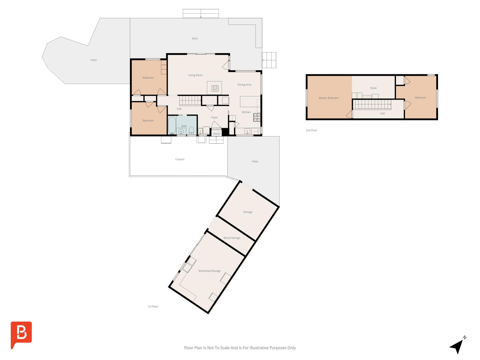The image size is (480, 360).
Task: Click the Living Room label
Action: pyautogui.click(x=195, y=75)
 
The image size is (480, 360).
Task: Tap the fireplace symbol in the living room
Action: pyautogui.click(x=215, y=88)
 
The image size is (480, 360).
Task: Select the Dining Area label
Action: pyautogui.click(x=244, y=85)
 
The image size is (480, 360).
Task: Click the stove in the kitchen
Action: pyautogui.click(x=257, y=117)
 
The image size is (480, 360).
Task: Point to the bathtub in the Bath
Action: pyautogui.click(x=172, y=125)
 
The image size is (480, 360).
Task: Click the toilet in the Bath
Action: pyautogui.click(x=191, y=130)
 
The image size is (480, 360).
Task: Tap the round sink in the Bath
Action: pyautogui.click(x=181, y=131)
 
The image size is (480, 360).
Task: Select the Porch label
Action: pyautogui.click(x=216, y=134)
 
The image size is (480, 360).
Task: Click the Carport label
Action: pyautogui.click(x=180, y=159)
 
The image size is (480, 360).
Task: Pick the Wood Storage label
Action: pyautogui.click(x=232, y=238)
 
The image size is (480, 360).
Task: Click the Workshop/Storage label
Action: pyautogui.click(x=209, y=271)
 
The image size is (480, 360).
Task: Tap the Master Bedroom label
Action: pyautogui.click(x=328, y=98)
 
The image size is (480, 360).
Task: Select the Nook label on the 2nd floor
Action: pyautogui.click(x=373, y=88)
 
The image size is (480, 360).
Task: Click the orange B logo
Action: pyautogui.click(x=21, y=335)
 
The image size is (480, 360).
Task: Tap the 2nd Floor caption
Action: pyautogui.click(x=311, y=130)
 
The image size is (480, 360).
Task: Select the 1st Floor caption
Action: pyautogui.click(x=153, y=306)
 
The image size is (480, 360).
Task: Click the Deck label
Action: pyautogui.click(x=195, y=38)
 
